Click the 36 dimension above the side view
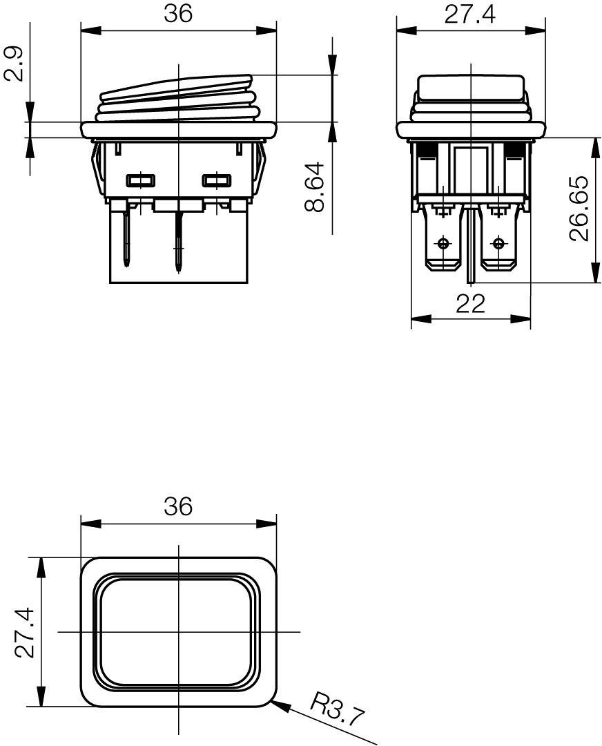click(x=178, y=13)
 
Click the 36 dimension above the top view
click(x=178, y=506)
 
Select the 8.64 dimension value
click(x=314, y=187)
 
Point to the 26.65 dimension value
click(x=579, y=209)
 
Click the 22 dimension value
click(x=470, y=303)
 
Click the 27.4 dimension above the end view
click(x=470, y=15)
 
